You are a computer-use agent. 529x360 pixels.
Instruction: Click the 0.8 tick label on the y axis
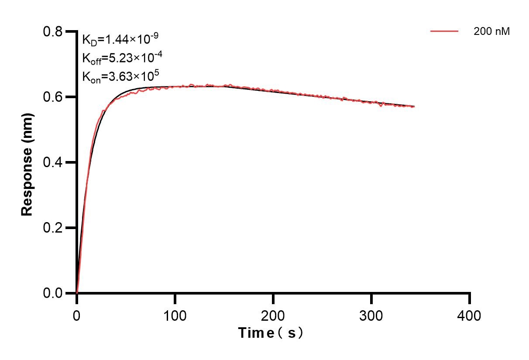point(52,32)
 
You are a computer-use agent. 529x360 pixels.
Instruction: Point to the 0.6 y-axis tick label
point(52,97)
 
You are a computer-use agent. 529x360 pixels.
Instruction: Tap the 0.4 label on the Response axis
point(52,162)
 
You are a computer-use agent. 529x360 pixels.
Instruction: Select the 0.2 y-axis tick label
point(52,228)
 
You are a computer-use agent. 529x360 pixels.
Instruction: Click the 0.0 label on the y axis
point(52,293)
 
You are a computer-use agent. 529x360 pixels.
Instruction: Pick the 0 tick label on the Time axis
point(77,315)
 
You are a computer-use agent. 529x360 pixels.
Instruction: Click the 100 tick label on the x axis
point(175,315)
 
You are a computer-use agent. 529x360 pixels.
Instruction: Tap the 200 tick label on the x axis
point(273,315)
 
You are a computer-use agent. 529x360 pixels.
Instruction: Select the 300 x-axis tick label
point(371,315)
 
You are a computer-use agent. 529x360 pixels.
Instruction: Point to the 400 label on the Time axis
point(470,315)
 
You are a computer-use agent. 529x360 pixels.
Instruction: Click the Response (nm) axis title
point(27,162)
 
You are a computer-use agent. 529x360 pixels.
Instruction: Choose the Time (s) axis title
point(271,333)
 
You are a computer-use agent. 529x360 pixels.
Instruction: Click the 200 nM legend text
point(492,31)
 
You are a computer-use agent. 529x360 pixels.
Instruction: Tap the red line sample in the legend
point(444,31)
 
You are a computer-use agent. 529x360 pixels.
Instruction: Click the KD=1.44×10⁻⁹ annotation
point(120,40)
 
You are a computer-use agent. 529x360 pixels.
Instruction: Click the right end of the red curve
point(414,106)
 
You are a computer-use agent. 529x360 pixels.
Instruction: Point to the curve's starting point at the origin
point(77,292)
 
